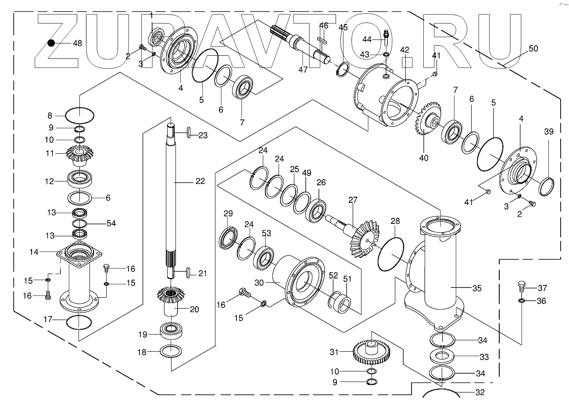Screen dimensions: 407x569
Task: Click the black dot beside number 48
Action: pyautogui.click(x=51, y=43)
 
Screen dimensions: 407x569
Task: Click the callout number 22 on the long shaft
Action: pyautogui.click(x=200, y=181)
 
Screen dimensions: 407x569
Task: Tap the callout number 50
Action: pyautogui.click(x=533, y=49)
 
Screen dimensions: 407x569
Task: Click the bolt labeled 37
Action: pyautogui.click(x=522, y=287)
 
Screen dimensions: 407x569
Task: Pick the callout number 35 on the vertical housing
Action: pyautogui.click(x=476, y=288)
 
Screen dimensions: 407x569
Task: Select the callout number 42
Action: pyautogui.click(x=404, y=49)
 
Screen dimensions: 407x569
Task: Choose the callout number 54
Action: pyautogui.click(x=111, y=223)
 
